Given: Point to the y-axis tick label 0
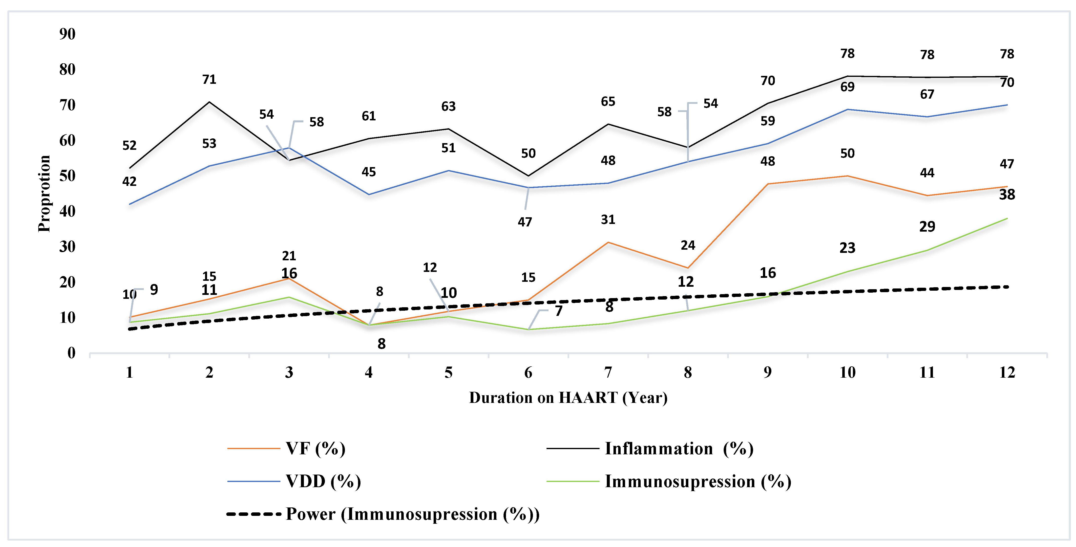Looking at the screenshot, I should [71, 353].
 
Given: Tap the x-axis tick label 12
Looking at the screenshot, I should [1007, 372].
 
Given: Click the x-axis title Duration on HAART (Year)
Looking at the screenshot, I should [568, 397].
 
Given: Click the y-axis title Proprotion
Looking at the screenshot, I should [44, 194].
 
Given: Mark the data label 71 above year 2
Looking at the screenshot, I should [209, 79].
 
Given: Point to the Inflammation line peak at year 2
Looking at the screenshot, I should [209, 102].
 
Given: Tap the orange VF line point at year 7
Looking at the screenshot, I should [608, 242].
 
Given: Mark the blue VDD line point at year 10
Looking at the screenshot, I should [847, 109].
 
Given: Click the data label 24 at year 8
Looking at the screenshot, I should [688, 245].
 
